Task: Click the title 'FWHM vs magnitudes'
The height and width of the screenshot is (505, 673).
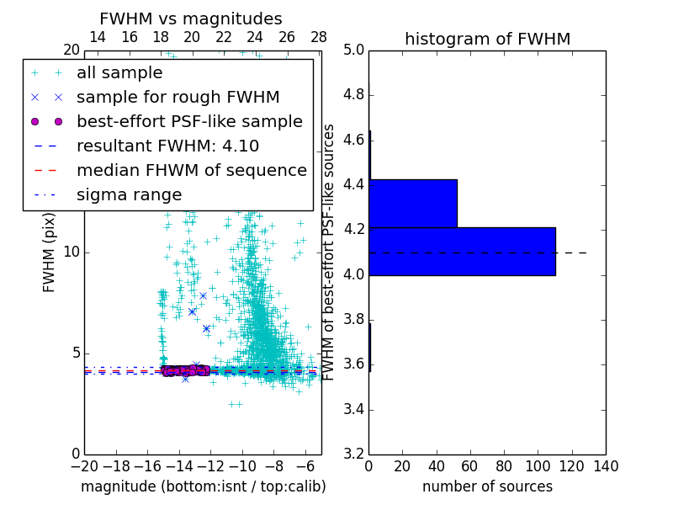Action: (191, 19)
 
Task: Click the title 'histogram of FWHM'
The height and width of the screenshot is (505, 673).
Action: (487, 39)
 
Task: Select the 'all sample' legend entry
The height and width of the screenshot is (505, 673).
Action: (119, 73)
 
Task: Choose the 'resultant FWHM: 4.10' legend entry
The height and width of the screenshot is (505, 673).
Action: (167, 146)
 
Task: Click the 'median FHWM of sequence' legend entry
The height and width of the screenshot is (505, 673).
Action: (191, 170)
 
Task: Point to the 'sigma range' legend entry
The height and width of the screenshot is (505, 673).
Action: (129, 194)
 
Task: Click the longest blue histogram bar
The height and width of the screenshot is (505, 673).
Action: (462, 251)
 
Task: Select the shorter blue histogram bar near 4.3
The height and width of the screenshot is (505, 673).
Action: (413, 203)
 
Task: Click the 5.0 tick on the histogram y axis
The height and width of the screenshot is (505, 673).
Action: (353, 50)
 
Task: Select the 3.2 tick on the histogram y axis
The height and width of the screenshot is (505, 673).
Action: (353, 454)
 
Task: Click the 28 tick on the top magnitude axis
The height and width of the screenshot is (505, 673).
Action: (319, 37)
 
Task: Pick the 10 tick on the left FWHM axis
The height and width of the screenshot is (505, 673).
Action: (72, 252)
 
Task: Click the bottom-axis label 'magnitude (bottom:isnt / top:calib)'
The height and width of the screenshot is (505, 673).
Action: (203, 486)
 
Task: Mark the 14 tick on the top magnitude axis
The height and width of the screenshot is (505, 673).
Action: (98, 37)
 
